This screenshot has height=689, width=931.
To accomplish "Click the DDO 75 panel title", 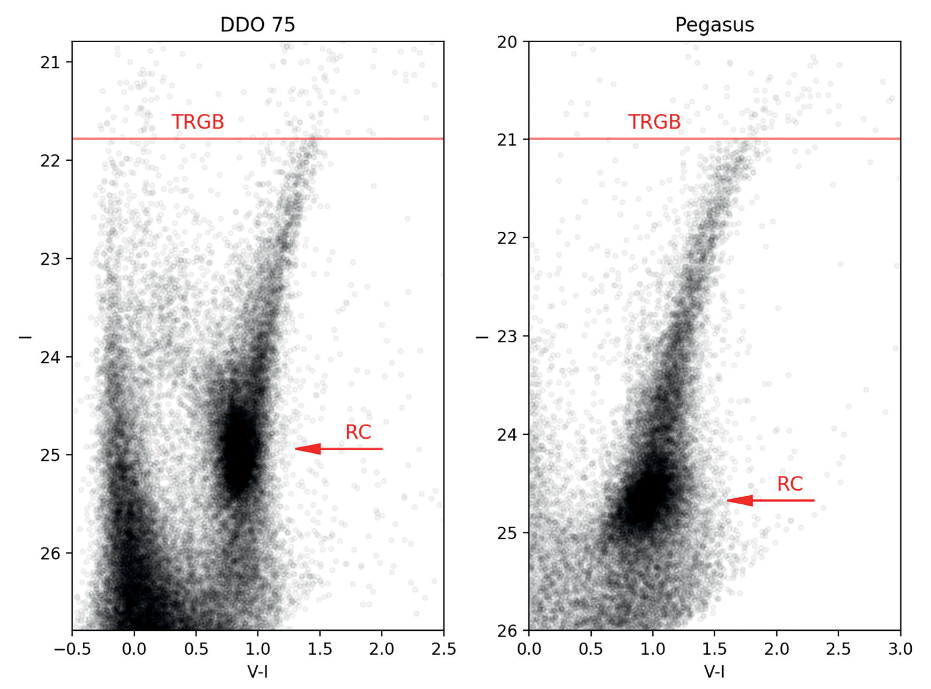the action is (x=257, y=25).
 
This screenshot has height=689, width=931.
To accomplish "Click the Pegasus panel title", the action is (x=714, y=25).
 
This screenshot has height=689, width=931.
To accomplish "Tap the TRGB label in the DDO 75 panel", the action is (x=198, y=122).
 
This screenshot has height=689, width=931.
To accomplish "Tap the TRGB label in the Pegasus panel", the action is (x=654, y=122).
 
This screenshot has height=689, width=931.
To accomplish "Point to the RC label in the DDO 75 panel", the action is (x=358, y=432).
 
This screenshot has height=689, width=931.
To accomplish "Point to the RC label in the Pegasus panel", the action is (x=790, y=484).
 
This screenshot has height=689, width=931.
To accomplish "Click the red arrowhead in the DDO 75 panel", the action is (x=308, y=449).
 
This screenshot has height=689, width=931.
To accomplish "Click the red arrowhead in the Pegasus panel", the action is (x=740, y=500).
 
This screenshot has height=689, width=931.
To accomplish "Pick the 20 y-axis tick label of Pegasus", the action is (x=506, y=42).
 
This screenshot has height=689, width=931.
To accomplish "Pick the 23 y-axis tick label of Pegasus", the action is (x=506, y=337).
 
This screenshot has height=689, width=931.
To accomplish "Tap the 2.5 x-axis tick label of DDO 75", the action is (x=444, y=649).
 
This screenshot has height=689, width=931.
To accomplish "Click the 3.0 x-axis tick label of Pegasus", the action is (x=901, y=649).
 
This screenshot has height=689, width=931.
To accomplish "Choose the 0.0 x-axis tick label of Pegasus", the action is (x=529, y=649).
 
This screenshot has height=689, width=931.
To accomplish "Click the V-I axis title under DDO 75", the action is (x=257, y=671).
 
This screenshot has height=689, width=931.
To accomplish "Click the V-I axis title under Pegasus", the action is (x=714, y=671).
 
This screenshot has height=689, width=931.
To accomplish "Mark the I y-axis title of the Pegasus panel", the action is (x=482, y=337).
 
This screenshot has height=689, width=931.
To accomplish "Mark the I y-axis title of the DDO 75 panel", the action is (x=25, y=337).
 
